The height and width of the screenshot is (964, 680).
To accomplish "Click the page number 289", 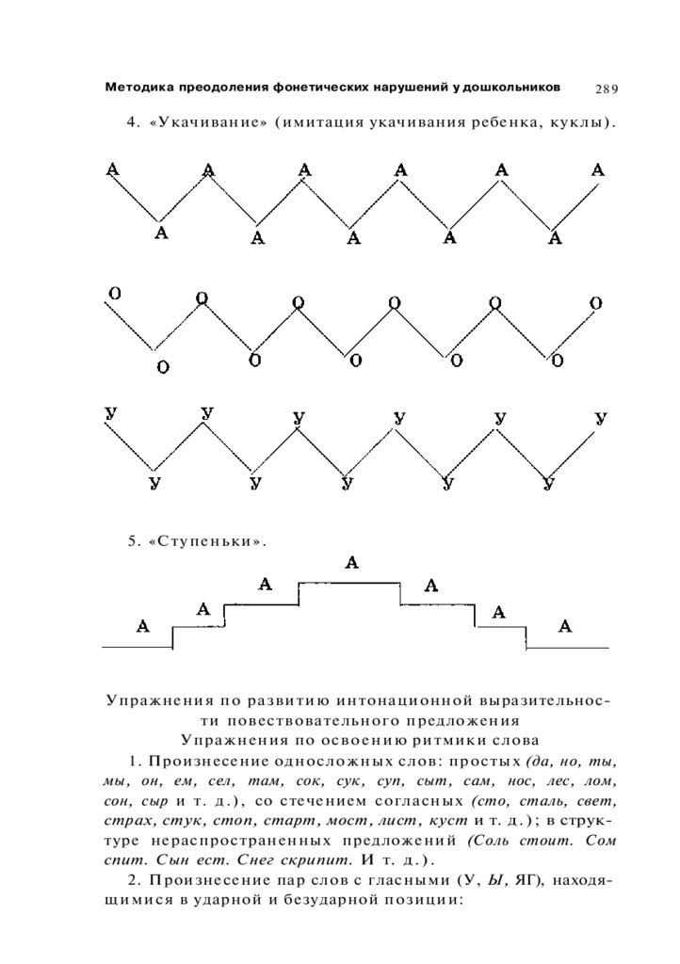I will tap(606, 89).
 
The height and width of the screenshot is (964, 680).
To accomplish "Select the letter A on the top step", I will tap(352, 563).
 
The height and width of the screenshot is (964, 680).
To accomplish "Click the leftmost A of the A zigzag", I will tap(113, 169).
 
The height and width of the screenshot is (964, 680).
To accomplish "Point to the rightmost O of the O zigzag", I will tap(595, 303).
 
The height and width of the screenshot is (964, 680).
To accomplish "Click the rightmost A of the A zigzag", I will tap(598, 170).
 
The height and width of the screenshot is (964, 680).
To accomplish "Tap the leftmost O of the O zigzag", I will tap(113, 293).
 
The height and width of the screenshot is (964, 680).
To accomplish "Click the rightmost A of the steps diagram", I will tap(565, 626).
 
